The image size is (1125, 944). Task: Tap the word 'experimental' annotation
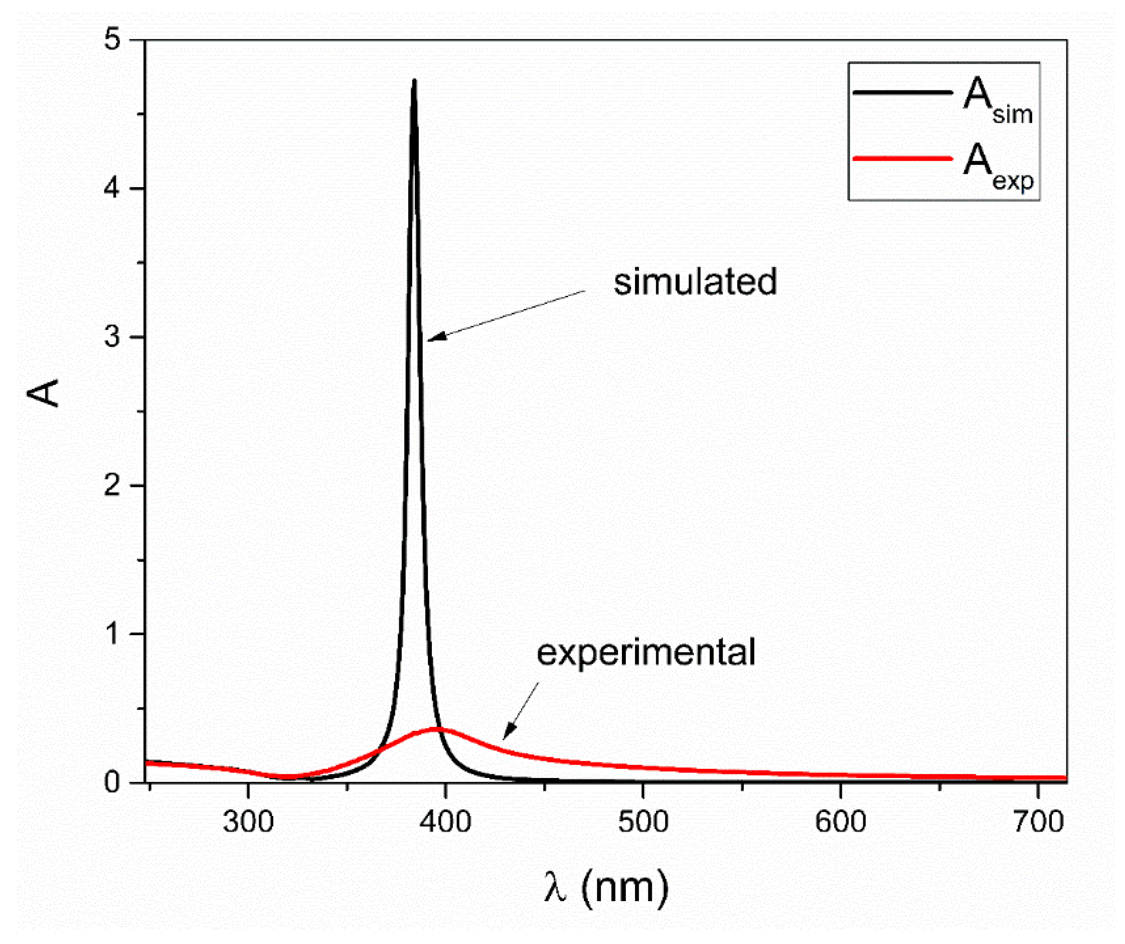point(646,651)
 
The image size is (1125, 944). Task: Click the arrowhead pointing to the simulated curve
point(431,339)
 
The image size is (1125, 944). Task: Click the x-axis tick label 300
point(248,822)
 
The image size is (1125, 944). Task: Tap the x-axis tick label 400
point(445,822)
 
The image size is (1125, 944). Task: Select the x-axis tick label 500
point(643,822)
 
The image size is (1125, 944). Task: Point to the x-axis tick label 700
point(1038,822)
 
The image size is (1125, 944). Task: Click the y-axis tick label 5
point(112,40)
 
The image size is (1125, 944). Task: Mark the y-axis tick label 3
point(112,337)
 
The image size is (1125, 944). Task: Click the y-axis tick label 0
point(112,782)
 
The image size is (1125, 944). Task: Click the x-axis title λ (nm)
point(607,887)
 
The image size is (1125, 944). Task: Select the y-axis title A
point(43,393)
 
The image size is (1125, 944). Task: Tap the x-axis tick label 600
point(841,822)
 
